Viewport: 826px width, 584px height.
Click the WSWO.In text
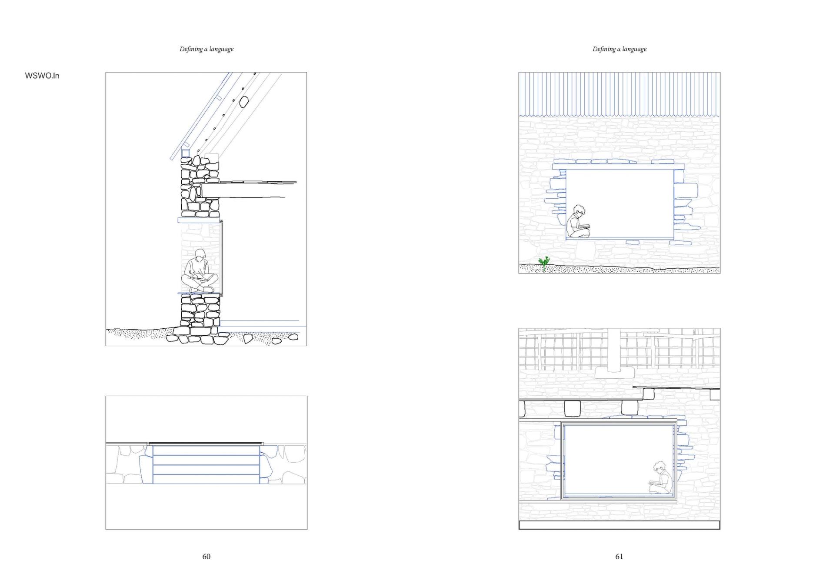tap(42, 76)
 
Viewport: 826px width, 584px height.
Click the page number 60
tap(206, 556)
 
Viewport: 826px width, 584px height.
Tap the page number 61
tap(619, 556)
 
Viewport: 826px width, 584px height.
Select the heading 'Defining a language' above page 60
tap(206, 49)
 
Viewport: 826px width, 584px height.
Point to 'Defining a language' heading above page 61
tap(619, 49)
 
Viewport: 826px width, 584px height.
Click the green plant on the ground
tap(544, 263)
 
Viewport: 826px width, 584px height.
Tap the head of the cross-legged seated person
tap(200, 254)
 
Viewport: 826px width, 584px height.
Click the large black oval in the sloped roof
tap(244, 102)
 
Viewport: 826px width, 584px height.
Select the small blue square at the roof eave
tap(186, 153)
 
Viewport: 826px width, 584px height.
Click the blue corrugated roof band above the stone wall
tap(619, 94)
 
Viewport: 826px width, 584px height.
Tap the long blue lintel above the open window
tap(618, 167)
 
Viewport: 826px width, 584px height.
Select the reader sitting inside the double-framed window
tap(661, 478)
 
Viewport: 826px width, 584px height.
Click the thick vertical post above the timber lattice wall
tap(614, 350)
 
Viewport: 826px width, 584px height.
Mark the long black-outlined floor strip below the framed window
tap(619, 525)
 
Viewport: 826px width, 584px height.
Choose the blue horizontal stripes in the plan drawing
tap(206, 464)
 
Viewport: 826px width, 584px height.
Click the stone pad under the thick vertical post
tap(613, 374)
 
